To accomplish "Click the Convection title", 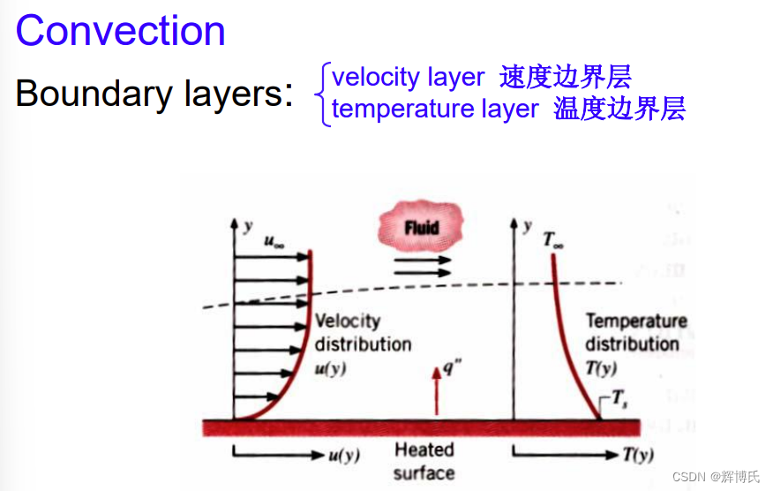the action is coord(121,31).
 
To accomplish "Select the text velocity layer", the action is coord(408,78).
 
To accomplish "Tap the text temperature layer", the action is coord(435,109).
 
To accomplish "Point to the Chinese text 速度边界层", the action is coord(566,78).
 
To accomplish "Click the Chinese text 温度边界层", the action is coord(619,109).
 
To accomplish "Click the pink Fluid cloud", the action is coord(422,228).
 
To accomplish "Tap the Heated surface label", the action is coord(424,461).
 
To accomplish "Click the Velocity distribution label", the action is coord(363,332).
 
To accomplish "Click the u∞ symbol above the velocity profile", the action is coord(274,240).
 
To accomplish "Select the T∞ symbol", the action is coord(553,238).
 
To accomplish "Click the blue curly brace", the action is coord(324,94).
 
